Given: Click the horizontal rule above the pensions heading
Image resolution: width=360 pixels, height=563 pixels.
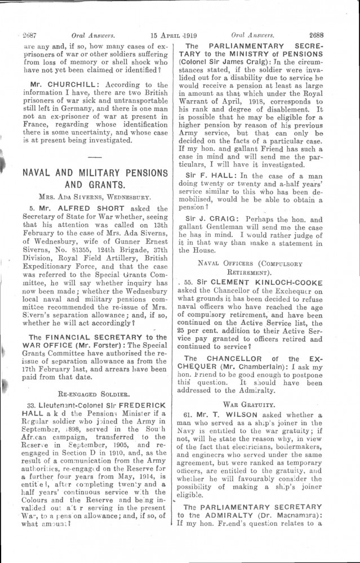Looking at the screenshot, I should pyautogui.click(x=95, y=154).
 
